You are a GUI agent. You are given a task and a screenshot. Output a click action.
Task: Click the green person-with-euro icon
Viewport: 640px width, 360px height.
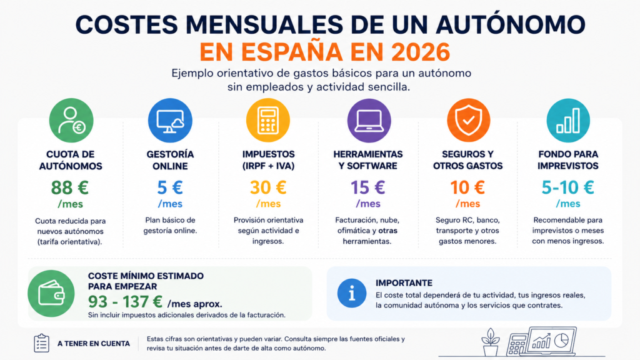71,121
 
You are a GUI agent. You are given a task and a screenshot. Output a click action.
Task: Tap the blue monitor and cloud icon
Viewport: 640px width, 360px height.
170,121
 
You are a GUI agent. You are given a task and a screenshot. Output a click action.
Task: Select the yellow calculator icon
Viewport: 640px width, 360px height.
268,121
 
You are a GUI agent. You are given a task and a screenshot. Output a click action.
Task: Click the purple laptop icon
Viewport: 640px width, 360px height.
369,121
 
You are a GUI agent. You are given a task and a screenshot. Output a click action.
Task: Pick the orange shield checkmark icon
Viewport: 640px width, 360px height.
468,121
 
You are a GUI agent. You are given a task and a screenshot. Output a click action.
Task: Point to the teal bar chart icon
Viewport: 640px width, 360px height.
568,121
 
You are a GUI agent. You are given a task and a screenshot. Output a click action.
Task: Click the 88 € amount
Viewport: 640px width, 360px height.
70,187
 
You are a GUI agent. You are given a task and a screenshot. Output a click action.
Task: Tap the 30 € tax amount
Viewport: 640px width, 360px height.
268,187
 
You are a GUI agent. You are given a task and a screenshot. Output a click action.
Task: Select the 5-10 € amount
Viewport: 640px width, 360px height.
567,187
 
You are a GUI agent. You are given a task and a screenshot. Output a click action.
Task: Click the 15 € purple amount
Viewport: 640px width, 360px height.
367,187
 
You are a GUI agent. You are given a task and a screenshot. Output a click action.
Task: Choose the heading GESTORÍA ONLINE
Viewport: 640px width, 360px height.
170,160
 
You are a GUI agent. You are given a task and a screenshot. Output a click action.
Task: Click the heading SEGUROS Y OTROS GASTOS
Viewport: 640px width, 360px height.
467,160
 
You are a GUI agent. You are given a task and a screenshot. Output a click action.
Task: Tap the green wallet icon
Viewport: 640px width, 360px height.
51,294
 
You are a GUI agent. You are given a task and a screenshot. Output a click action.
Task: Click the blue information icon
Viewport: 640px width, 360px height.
352,293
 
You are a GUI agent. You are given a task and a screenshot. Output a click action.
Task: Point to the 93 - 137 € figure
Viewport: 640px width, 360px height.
125,302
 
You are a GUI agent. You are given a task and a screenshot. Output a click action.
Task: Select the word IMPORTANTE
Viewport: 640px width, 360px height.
404,283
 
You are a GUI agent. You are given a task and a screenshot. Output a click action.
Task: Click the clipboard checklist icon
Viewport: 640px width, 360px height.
42,343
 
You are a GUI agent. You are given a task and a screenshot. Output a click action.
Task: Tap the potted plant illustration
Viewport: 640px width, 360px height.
491,342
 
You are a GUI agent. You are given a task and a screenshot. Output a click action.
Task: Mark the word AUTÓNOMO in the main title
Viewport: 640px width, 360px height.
510,24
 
